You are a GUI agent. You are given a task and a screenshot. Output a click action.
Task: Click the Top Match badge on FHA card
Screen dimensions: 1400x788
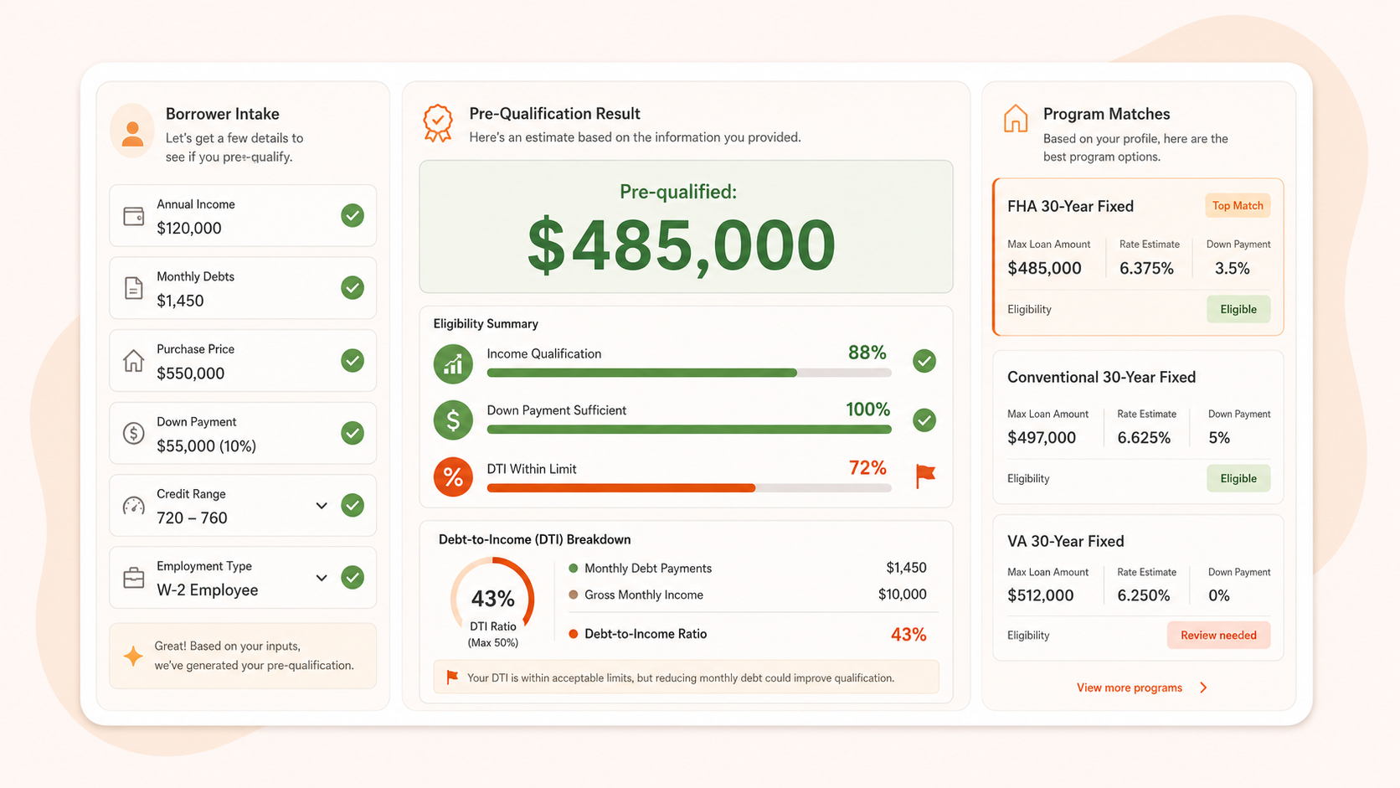pyautogui.click(x=1238, y=206)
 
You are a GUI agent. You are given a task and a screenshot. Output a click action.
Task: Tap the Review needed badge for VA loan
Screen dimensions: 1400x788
pyautogui.click(x=1218, y=635)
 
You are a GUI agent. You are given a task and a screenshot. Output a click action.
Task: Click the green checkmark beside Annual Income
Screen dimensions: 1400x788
pyautogui.click(x=353, y=215)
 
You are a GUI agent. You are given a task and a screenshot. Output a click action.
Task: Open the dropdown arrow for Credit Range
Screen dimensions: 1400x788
pyautogui.click(x=322, y=506)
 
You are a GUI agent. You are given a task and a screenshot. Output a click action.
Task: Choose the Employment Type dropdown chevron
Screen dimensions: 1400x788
pyautogui.click(x=322, y=578)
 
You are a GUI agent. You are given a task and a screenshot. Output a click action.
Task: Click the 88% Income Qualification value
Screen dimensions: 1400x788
pyautogui.click(x=867, y=353)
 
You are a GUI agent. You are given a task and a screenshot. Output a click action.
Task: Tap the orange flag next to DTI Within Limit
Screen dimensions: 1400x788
pyautogui.click(x=925, y=476)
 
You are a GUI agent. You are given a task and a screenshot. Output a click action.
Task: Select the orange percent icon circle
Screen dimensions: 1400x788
pyautogui.click(x=453, y=476)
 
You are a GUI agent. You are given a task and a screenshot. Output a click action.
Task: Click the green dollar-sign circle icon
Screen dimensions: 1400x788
pyautogui.click(x=453, y=420)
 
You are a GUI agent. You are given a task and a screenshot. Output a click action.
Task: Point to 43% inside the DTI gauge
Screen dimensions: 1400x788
pyautogui.click(x=492, y=599)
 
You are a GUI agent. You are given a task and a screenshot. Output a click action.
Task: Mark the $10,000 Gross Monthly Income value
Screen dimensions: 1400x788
pyautogui.click(x=902, y=595)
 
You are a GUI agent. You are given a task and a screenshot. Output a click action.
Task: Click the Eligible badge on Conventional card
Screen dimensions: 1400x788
pyautogui.click(x=1238, y=478)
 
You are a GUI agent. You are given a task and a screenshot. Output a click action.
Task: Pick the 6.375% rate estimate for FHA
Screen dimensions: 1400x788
pyautogui.click(x=1146, y=268)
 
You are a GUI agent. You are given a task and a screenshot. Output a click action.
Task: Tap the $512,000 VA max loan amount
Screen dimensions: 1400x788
pyautogui.click(x=1040, y=595)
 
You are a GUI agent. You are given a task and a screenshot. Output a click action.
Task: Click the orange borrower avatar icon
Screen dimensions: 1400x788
pyautogui.click(x=131, y=131)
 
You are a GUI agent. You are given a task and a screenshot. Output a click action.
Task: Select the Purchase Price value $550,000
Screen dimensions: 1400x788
pyautogui.click(x=190, y=373)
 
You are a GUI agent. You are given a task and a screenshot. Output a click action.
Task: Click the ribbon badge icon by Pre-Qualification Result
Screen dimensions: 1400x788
pyautogui.click(x=437, y=123)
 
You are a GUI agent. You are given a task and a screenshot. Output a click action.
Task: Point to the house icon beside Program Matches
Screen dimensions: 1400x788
pyautogui.click(x=1016, y=118)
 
